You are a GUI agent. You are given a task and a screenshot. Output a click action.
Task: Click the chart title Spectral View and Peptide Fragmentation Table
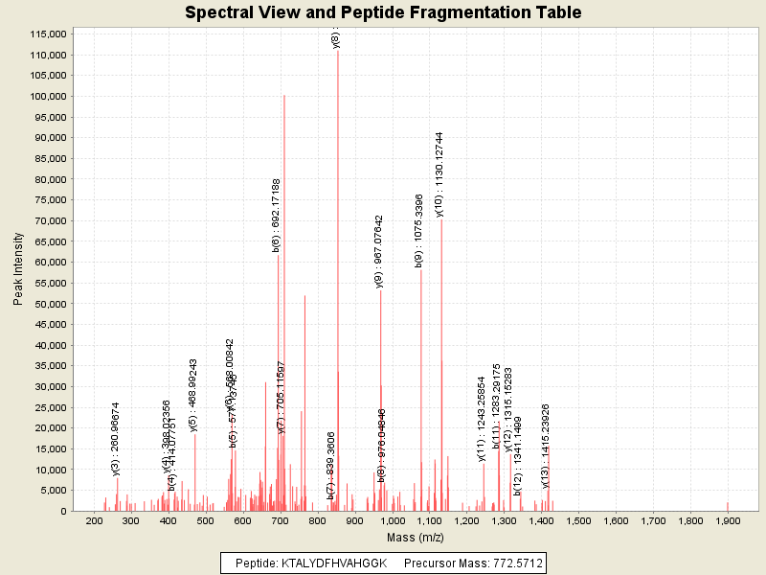[x=383, y=13]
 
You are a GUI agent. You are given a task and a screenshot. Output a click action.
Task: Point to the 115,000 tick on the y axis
[x=45, y=34]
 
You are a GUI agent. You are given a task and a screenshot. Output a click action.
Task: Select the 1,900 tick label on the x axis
[x=727, y=520]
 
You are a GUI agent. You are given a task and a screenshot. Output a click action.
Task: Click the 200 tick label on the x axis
[x=94, y=520]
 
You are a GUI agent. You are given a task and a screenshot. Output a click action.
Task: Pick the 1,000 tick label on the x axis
[x=392, y=520]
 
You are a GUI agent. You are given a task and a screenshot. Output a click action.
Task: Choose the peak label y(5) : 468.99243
[x=193, y=395]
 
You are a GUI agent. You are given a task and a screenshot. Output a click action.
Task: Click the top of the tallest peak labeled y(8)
[x=338, y=51]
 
